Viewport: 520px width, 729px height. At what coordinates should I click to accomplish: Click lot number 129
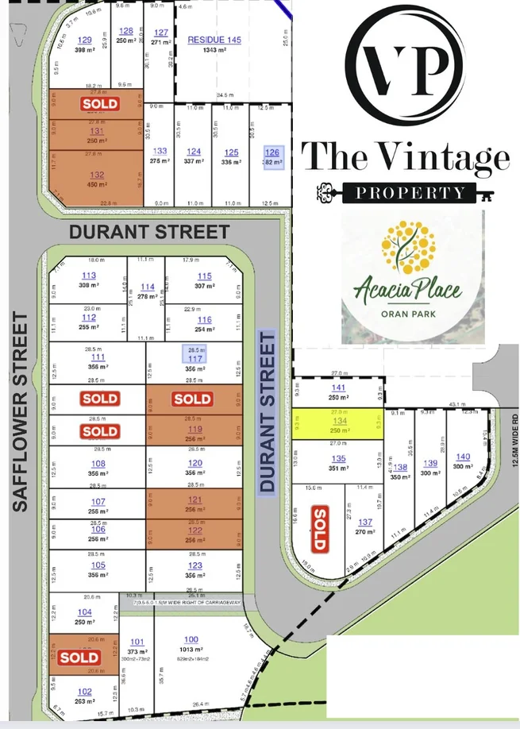click(84, 40)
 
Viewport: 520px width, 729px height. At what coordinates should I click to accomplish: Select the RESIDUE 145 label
click(214, 40)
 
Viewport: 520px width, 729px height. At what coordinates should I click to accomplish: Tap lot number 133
click(160, 151)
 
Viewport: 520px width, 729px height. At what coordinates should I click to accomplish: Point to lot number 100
click(191, 639)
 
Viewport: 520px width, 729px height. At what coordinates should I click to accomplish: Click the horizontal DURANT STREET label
click(149, 232)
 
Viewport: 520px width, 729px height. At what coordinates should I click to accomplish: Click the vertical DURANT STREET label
click(268, 413)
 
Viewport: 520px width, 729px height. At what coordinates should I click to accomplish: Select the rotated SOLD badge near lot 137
click(319, 528)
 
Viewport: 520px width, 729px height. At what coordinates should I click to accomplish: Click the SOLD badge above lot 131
click(100, 104)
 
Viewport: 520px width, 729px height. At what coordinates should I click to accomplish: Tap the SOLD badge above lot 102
click(79, 657)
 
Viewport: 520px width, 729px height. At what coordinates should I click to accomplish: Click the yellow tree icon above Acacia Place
click(406, 246)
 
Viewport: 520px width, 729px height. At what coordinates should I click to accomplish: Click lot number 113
click(88, 276)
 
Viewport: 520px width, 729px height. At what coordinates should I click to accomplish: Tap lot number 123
click(195, 566)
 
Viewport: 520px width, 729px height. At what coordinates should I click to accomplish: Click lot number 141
click(338, 388)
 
